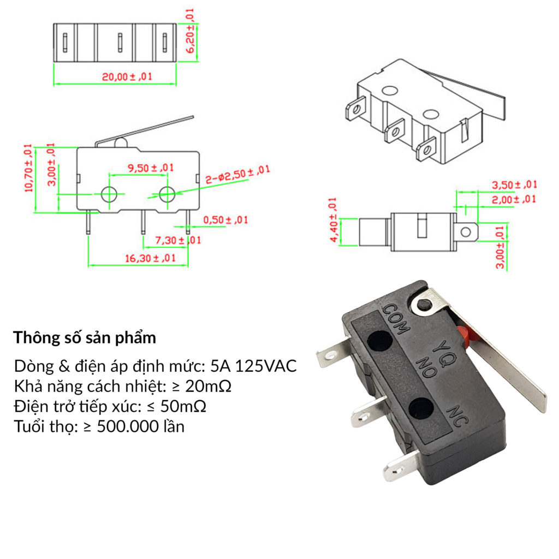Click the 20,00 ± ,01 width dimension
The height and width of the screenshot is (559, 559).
(127, 77)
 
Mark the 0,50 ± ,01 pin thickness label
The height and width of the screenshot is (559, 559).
(225, 220)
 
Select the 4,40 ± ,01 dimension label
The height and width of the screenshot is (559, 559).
(333, 221)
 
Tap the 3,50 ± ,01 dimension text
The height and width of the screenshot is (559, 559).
(514, 185)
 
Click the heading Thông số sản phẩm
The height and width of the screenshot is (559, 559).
(85, 337)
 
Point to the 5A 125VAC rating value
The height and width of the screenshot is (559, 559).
(254, 366)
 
